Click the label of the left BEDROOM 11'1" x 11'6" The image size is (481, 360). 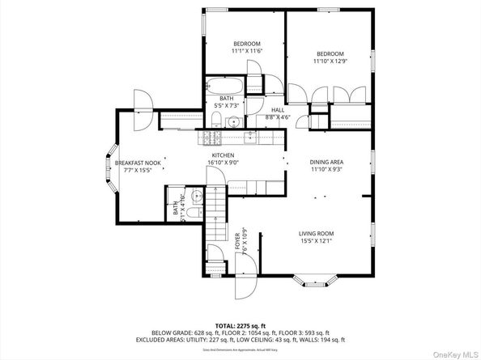tap(246, 48)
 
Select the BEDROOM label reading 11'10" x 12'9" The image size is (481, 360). tap(329, 55)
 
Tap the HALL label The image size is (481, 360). tap(277, 114)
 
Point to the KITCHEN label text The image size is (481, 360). tap(223, 159)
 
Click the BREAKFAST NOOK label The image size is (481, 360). tap(142, 167)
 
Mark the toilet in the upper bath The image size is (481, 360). tap(215, 121)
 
